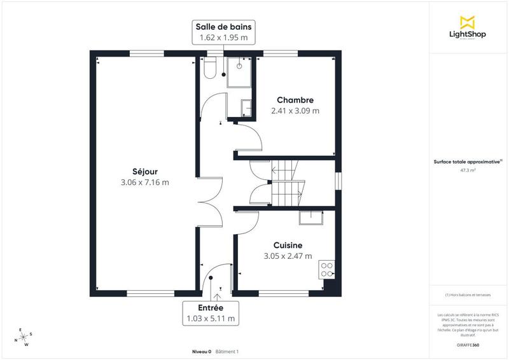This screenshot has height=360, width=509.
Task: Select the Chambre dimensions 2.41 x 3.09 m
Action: coord(295,111)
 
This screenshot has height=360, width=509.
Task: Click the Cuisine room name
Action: coord(288,245)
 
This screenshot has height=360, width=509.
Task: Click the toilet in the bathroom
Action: coord(211,67)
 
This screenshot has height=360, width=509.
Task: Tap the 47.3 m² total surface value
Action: coord(468,170)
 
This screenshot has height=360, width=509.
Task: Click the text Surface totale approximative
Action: coord(468,162)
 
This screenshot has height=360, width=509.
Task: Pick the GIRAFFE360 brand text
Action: coord(468,343)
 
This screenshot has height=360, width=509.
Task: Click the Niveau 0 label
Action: coord(202,352)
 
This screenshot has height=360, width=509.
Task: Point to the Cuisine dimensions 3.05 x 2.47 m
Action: coord(288,256)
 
